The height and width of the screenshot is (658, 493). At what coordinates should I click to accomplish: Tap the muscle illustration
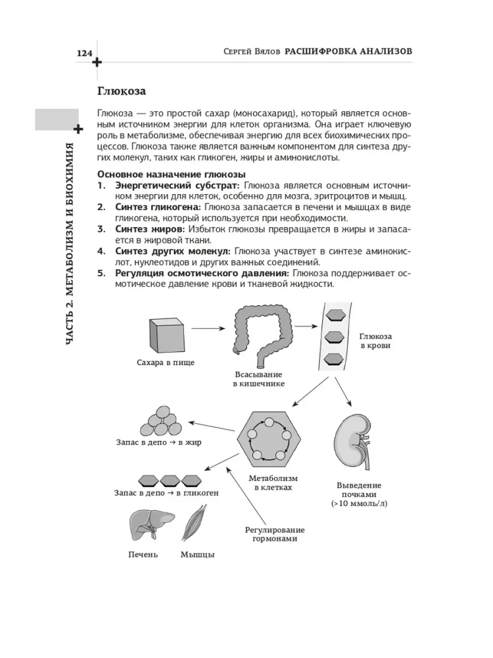click(x=198, y=526)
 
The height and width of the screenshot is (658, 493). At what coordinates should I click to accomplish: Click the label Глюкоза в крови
click(x=375, y=341)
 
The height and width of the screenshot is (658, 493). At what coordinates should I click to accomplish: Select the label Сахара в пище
click(x=165, y=363)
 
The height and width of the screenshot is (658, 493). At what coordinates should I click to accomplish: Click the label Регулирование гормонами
click(x=275, y=534)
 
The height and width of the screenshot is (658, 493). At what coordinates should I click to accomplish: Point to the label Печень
click(x=143, y=555)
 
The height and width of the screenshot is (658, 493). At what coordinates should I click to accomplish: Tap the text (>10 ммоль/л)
click(x=360, y=504)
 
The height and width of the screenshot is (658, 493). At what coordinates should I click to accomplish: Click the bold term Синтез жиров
click(x=150, y=228)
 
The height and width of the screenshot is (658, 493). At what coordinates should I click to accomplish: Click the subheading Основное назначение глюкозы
click(x=171, y=174)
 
